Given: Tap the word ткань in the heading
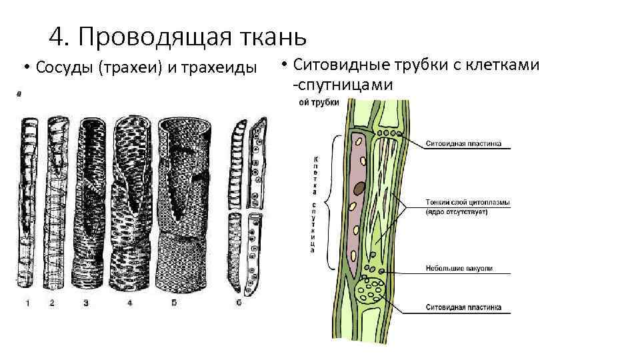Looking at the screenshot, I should [x=273, y=37].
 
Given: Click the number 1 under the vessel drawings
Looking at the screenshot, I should [x=28, y=303].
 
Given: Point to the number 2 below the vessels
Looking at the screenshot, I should [x=52, y=303].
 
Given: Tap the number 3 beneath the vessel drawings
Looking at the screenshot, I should [x=86, y=303].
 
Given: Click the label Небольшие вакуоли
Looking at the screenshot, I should [x=459, y=269].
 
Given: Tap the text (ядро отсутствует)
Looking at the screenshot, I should [x=457, y=212].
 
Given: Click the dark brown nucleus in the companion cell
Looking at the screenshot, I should [x=359, y=189].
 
